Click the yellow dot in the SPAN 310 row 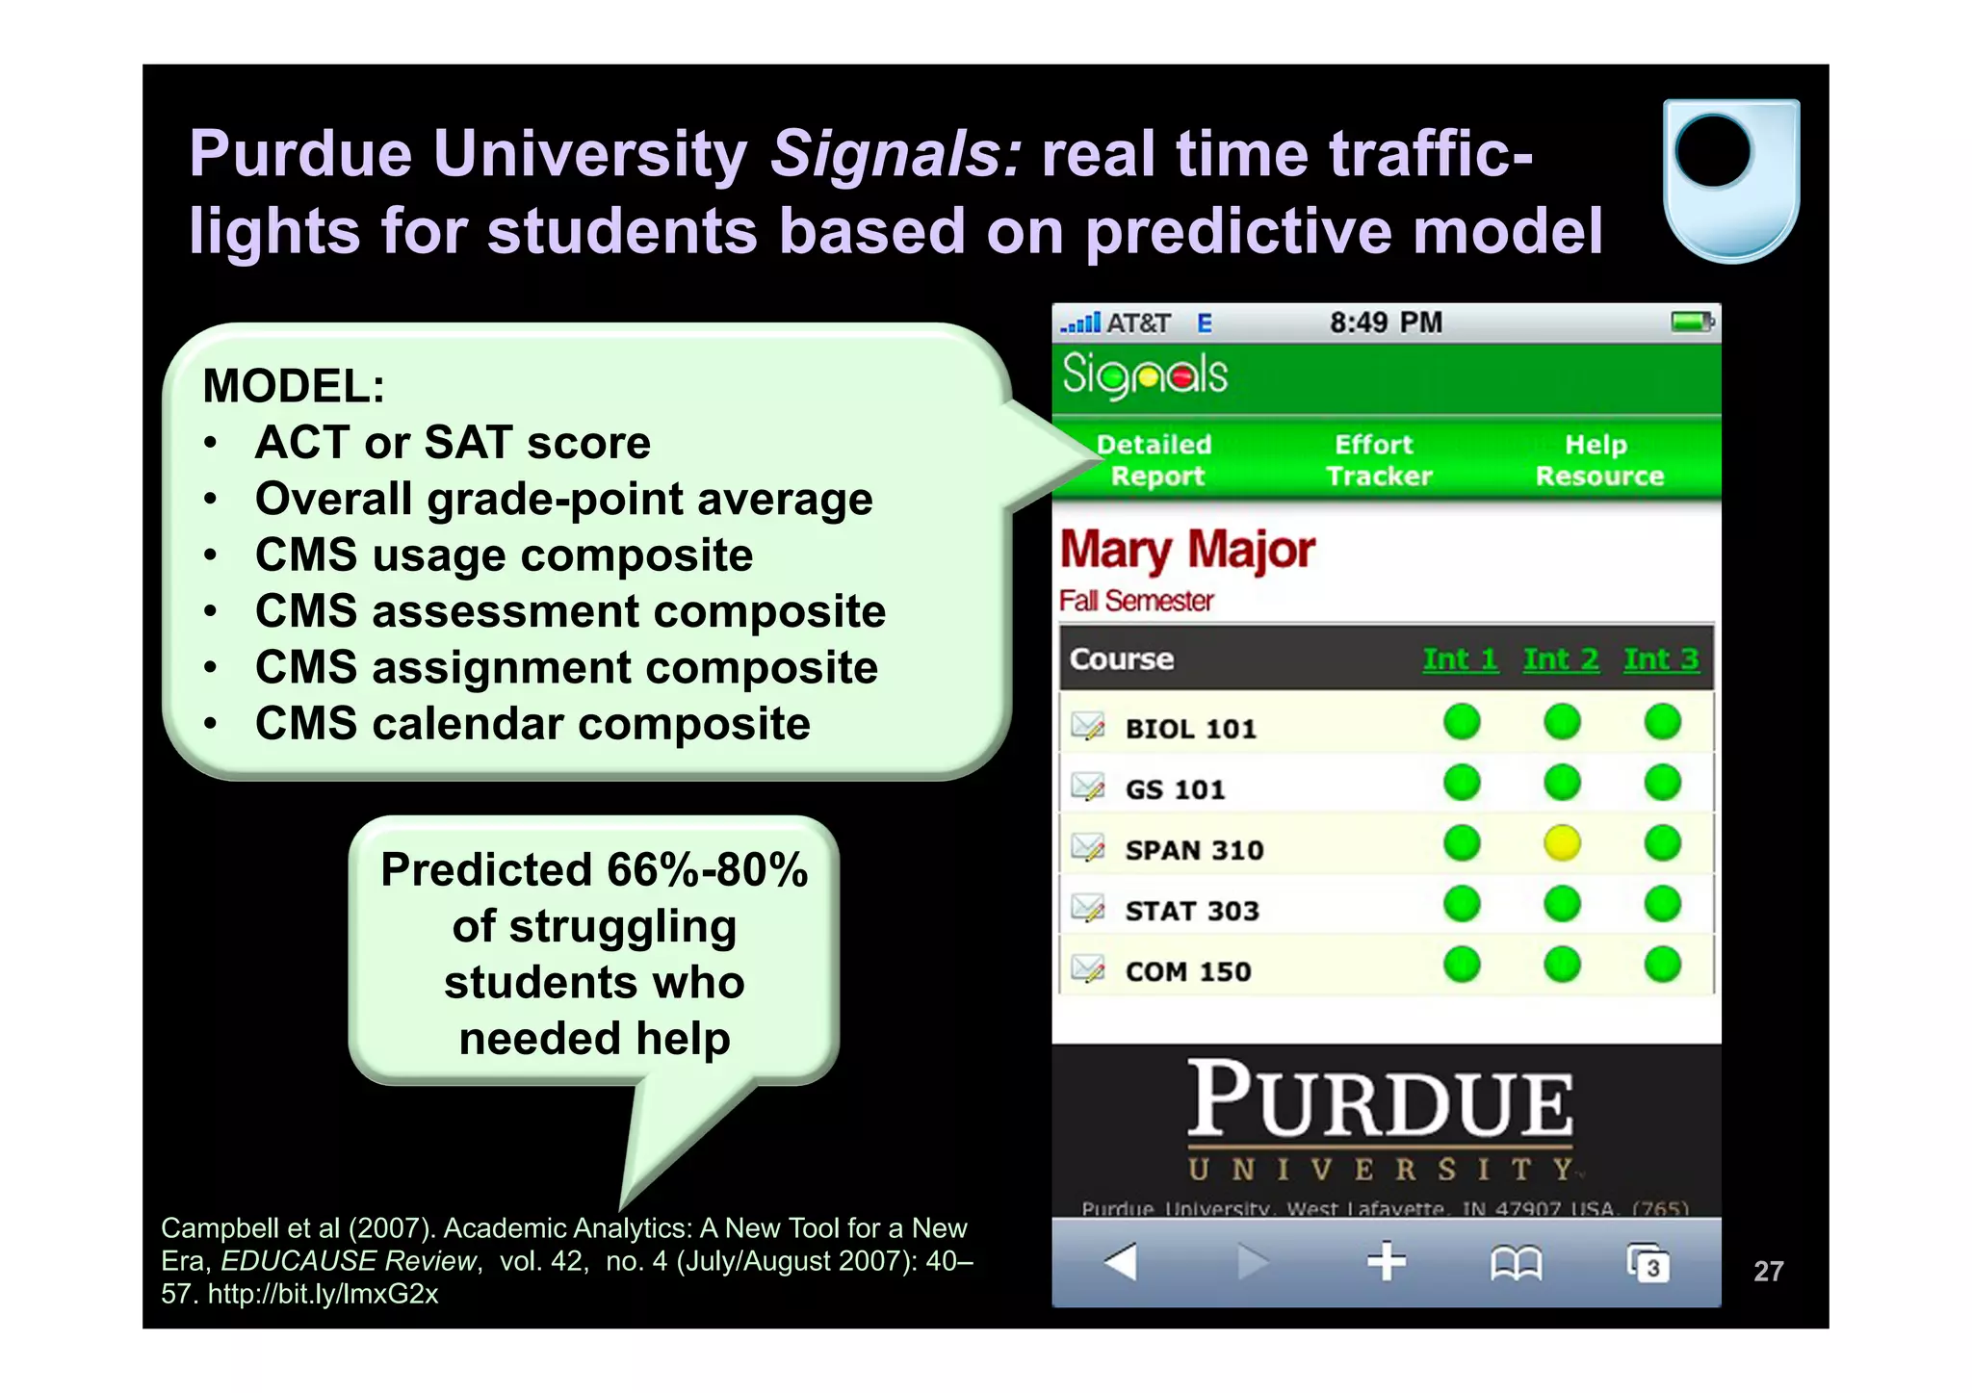(x=1562, y=844)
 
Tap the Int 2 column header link (x=1561, y=659)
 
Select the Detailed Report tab (x=1155, y=460)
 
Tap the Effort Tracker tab (x=1378, y=460)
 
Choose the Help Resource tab (x=1598, y=460)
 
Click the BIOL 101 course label (x=1190, y=729)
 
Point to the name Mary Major (x=1187, y=551)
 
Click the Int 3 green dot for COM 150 (x=1662, y=965)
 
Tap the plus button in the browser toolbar (x=1387, y=1261)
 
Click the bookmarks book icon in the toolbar (x=1516, y=1263)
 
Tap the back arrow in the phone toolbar (x=1121, y=1261)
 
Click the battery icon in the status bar (x=1692, y=322)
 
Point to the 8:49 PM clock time (x=1386, y=322)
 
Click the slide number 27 (x=1768, y=1272)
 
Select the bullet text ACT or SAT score (x=453, y=443)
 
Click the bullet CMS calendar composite (x=532, y=724)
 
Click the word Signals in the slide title (x=895, y=154)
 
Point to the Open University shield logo (x=1731, y=180)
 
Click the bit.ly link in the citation (x=323, y=1294)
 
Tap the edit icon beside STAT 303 (x=1088, y=909)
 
